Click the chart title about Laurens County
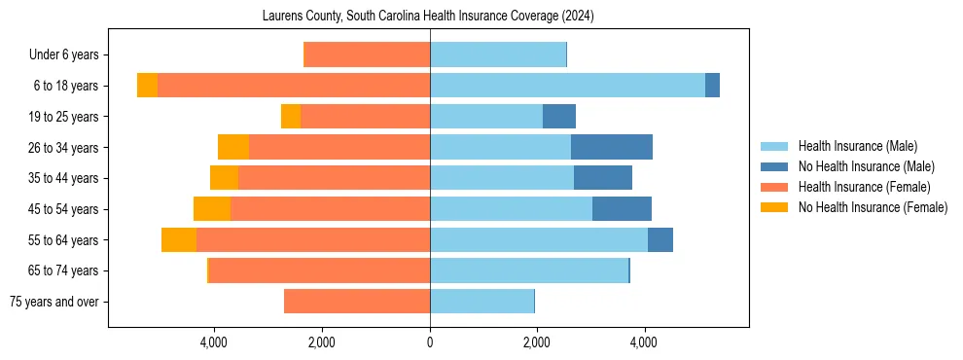pos(428,17)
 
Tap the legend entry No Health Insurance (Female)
pos(872,207)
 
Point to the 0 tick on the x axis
pos(430,342)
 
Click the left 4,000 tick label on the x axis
pos(214,342)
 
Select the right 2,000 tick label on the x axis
pos(537,342)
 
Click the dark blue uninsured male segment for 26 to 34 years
pos(612,147)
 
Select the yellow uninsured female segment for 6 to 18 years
pos(147,86)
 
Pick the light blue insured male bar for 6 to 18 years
pos(567,86)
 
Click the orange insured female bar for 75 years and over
pos(357,302)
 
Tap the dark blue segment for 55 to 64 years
pos(660,239)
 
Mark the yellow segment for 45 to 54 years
pos(212,209)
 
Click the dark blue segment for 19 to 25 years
pos(559,117)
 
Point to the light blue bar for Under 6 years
pos(498,55)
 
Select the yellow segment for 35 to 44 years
pos(225,178)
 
